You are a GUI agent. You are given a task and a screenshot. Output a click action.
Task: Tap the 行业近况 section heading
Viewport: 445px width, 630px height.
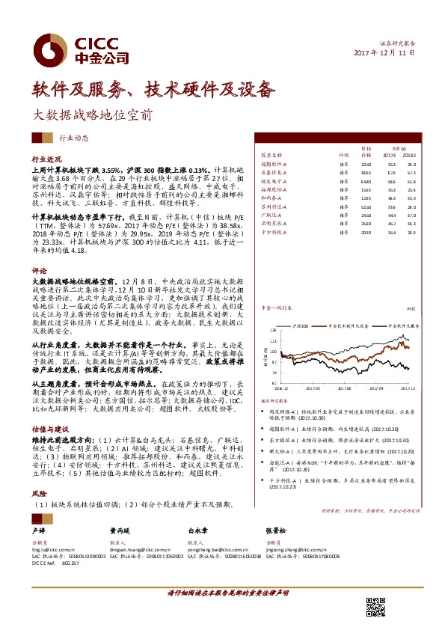[x=45, y=160]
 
